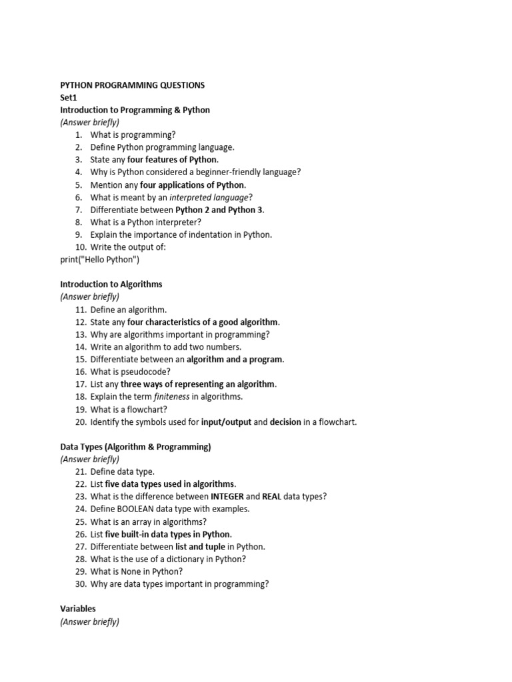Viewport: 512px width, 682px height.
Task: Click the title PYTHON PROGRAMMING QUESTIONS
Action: point(133,85)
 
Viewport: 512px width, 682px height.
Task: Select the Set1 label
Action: point(69,97)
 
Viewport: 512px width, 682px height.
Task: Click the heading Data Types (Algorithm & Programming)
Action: point(135,447)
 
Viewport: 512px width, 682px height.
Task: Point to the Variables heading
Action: point(78,609)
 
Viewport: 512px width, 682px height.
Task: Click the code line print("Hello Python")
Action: point(100,260)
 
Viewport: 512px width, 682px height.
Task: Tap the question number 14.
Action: point(81,347)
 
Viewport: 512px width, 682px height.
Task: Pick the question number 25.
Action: point(81,521)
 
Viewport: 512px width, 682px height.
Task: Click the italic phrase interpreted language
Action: point(209,197)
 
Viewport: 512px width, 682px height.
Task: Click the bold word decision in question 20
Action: point(286,422)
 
